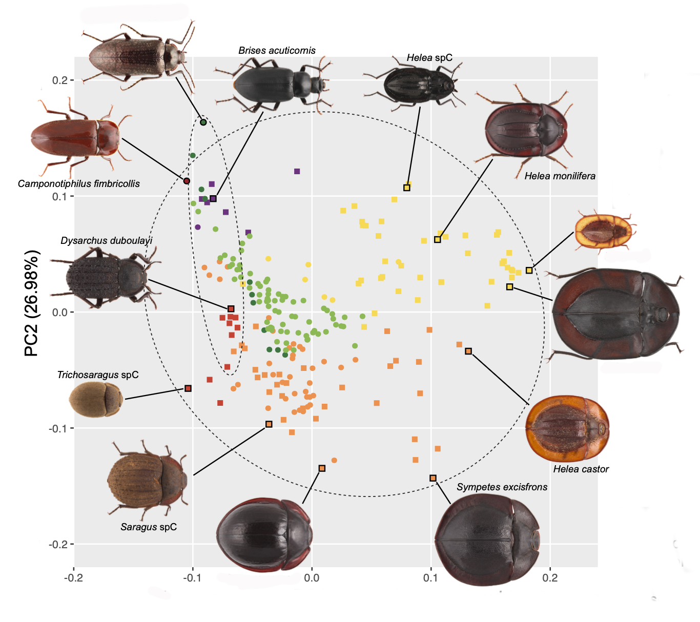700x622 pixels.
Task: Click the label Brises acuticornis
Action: (277, 50)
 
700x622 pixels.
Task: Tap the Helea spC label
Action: (429, 58)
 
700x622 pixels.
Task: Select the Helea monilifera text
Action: (560, 176)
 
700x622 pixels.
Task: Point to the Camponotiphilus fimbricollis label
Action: (79, 184)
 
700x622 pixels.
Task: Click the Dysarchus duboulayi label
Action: (107, 241)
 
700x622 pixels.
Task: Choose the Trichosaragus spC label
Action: (98, 375)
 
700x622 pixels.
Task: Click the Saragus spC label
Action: (149, 527)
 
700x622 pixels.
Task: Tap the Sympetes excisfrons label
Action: (502, 487)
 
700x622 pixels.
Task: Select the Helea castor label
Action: (581, 469)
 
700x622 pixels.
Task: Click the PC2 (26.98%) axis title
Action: (31, 303)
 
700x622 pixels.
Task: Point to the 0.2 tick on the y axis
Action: (60, 80)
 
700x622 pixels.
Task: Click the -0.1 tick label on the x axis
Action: (192, 578)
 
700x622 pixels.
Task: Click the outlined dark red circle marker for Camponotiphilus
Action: (187, 181)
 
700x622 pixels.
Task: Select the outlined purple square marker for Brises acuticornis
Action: (213, 199)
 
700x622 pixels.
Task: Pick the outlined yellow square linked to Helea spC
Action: (407, 188)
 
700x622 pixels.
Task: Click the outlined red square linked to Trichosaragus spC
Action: (188, 388)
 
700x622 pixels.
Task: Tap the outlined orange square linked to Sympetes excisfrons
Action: (433, 478)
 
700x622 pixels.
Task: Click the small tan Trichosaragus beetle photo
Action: (96, 400)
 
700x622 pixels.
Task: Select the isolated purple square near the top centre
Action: (297, 172)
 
